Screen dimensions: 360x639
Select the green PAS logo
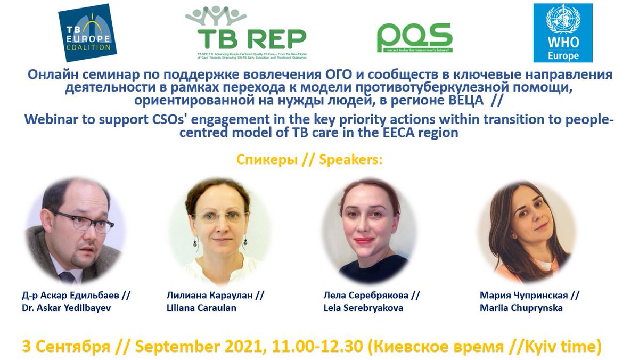pyautogui.click(x=415, y=38)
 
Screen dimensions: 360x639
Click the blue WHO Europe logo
pyautogui.click(x=563, y=32)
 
